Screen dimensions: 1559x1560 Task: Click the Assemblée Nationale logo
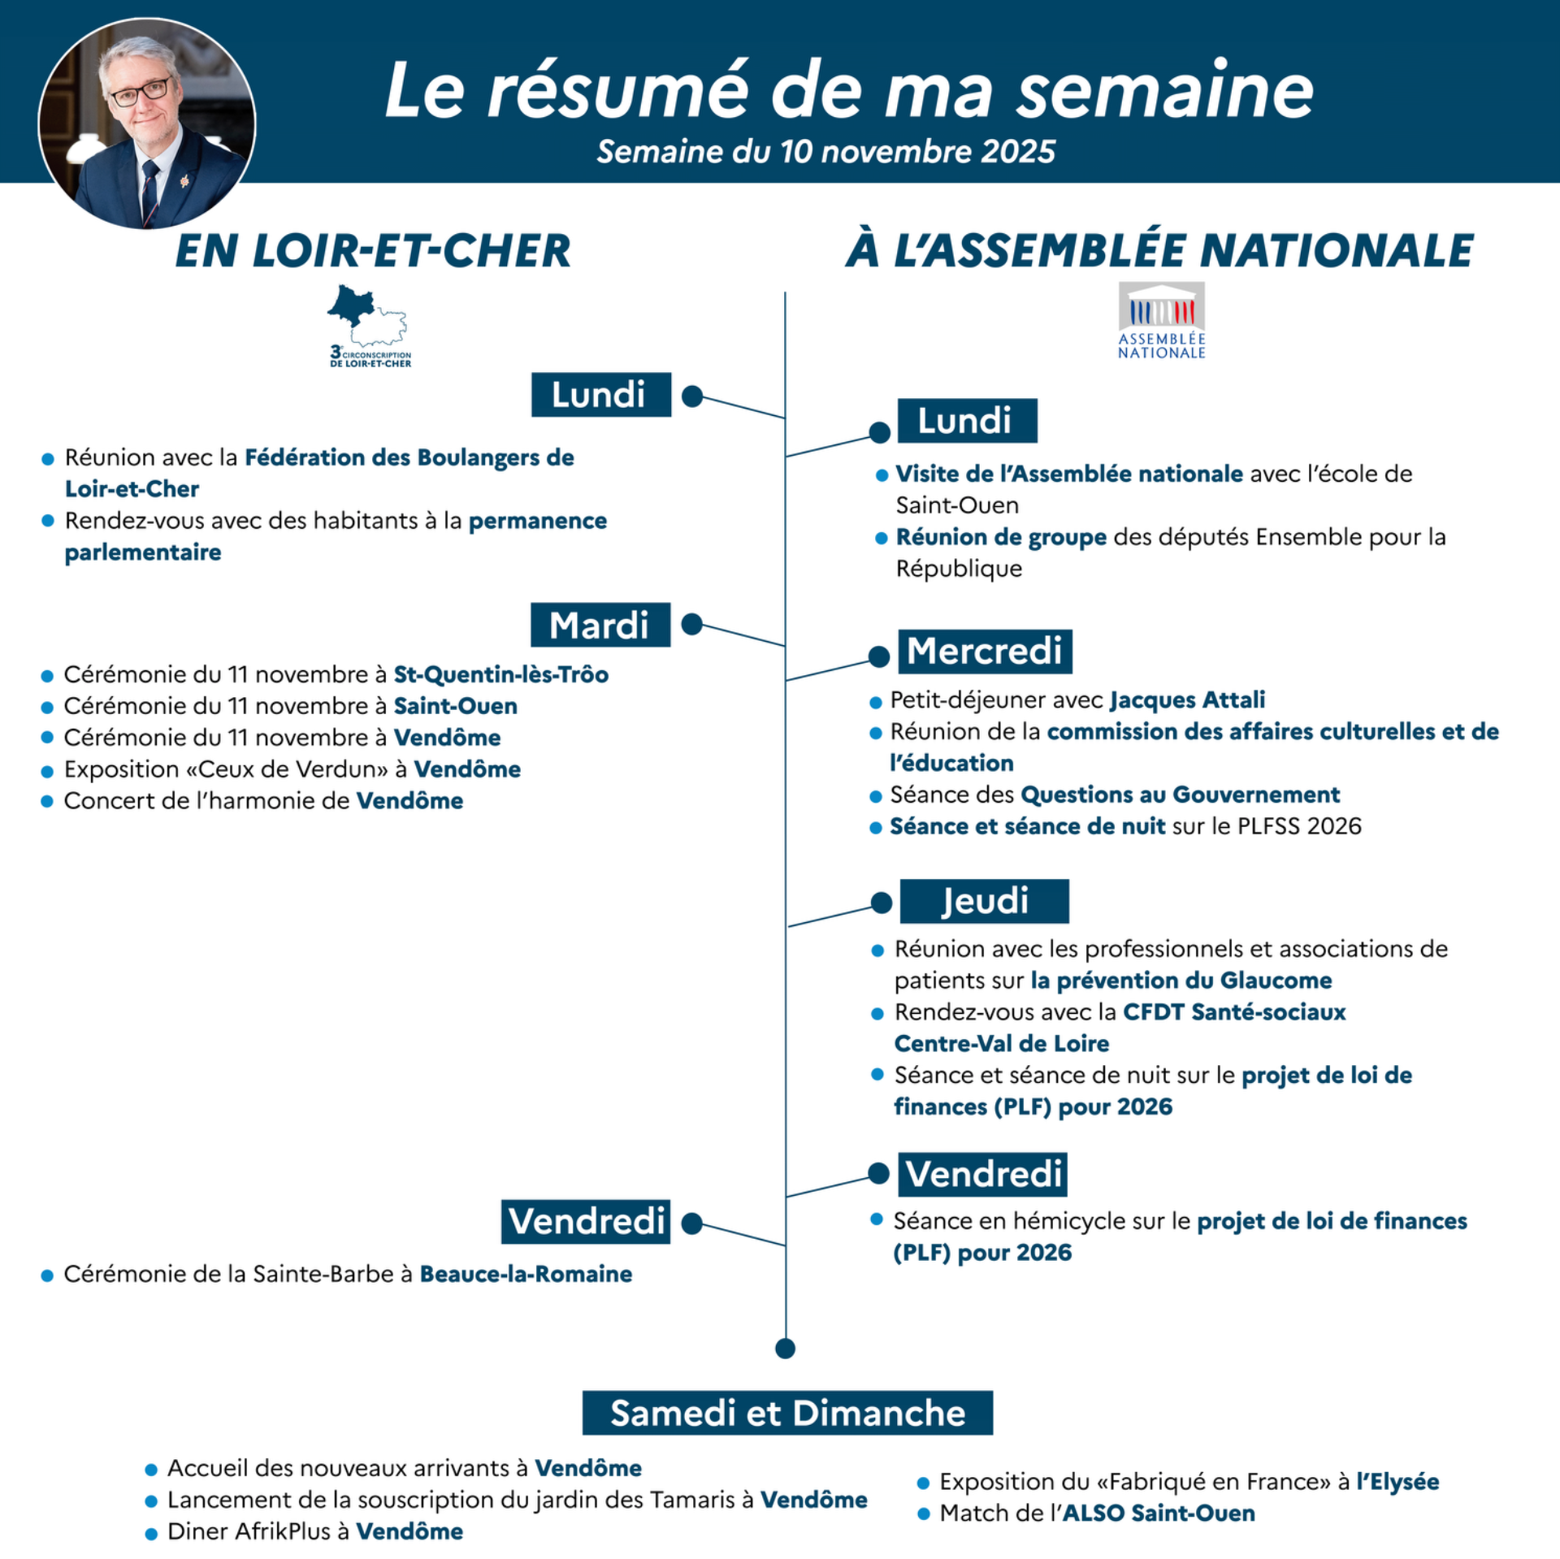coord(1161,321)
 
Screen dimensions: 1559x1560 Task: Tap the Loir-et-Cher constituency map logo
coord(369,325)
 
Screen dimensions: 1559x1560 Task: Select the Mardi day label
coord(600,625)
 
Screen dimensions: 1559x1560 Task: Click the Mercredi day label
coord(985,652)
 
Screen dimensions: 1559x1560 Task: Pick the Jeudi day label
coord(984,901)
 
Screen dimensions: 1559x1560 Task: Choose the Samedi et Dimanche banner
coord(787,1413)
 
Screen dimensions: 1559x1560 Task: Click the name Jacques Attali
coord(1187,699)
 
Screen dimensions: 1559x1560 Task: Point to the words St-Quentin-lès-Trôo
coord(500,674)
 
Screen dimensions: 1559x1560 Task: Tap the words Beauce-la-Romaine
coord(526,1273)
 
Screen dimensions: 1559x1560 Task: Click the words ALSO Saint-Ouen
coord(1159,1513)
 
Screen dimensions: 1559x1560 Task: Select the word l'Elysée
coord(1397,1481)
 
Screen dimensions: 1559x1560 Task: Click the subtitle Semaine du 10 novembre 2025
coord(825,152)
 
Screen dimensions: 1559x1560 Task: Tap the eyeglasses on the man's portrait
coord(140,93)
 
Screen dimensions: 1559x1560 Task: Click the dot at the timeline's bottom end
coord(785,1349)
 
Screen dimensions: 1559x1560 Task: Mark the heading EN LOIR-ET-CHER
coord(373,250)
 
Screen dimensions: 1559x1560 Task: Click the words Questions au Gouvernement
coord(1180,794)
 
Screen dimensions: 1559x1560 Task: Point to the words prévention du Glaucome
coord(1181,980)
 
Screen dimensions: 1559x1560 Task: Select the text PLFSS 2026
coord(1298,825)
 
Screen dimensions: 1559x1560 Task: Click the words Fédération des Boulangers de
coord(409,457)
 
